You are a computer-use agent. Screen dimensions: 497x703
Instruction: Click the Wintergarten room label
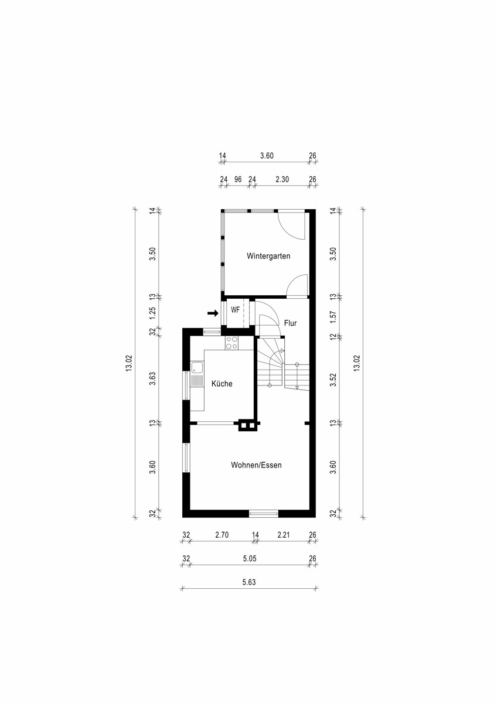coord(268,256)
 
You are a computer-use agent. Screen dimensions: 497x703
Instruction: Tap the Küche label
coord(222,384)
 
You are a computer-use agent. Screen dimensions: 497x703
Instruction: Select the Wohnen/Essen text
coord(256,465)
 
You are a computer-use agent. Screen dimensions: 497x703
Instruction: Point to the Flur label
coord(291,323)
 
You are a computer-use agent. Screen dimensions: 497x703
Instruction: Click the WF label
coord(236,310)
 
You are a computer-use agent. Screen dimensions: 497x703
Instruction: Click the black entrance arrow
coord(213,313)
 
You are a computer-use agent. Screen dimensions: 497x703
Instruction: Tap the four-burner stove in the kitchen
coord(232,343)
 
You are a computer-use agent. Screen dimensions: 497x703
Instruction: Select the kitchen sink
coord(197,368)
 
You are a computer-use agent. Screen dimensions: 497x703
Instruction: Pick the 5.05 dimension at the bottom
coord(250,558)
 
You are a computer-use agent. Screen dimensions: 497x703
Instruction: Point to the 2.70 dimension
coord(222,534)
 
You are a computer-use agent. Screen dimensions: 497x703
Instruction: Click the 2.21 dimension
coord(284,534)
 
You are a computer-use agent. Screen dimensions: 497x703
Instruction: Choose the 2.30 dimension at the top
coord(282,179)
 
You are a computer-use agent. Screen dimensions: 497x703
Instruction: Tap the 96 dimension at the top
coord(238,179)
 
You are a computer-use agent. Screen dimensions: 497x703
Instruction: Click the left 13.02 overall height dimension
coord(130,363)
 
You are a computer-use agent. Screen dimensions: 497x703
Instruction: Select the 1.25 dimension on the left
coord(152,313)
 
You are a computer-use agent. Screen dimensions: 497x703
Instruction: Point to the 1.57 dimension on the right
coord(333,317)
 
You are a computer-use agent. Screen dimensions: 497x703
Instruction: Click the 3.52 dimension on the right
coord(333,380)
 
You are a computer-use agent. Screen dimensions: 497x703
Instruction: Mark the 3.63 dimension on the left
coord(152,378)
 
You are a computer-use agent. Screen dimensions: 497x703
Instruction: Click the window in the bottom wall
coord(264,514)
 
